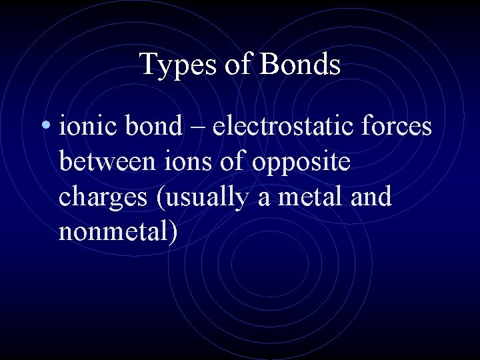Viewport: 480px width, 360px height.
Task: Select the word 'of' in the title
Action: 239,65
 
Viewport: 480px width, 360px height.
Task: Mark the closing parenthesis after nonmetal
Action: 172,234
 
